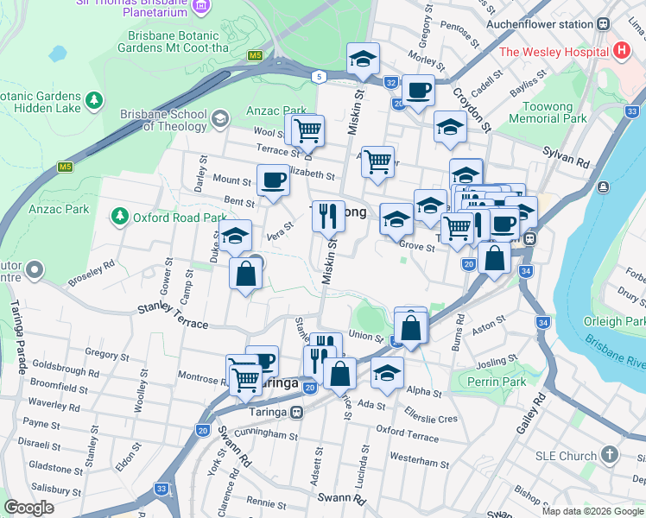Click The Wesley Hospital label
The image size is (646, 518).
coord(554,52)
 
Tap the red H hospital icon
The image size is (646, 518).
coord(620,51)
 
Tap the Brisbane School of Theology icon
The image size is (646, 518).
coord(219,118)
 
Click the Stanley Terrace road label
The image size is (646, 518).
coord(173,315)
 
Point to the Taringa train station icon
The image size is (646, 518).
coord(296,411)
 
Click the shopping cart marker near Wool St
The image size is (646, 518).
coord(307,131)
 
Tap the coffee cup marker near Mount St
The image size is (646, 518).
coord(273,180)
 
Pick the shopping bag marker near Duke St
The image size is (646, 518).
coord(246,274)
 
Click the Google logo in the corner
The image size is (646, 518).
coord(28,508)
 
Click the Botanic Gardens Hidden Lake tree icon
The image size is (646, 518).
coord(92,104)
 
